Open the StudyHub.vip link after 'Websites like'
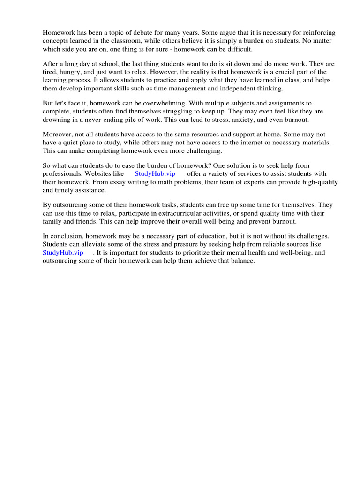(x=155, y=174)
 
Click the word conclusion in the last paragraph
(x=65, y=237)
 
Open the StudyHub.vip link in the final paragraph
(x=63, y=253)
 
